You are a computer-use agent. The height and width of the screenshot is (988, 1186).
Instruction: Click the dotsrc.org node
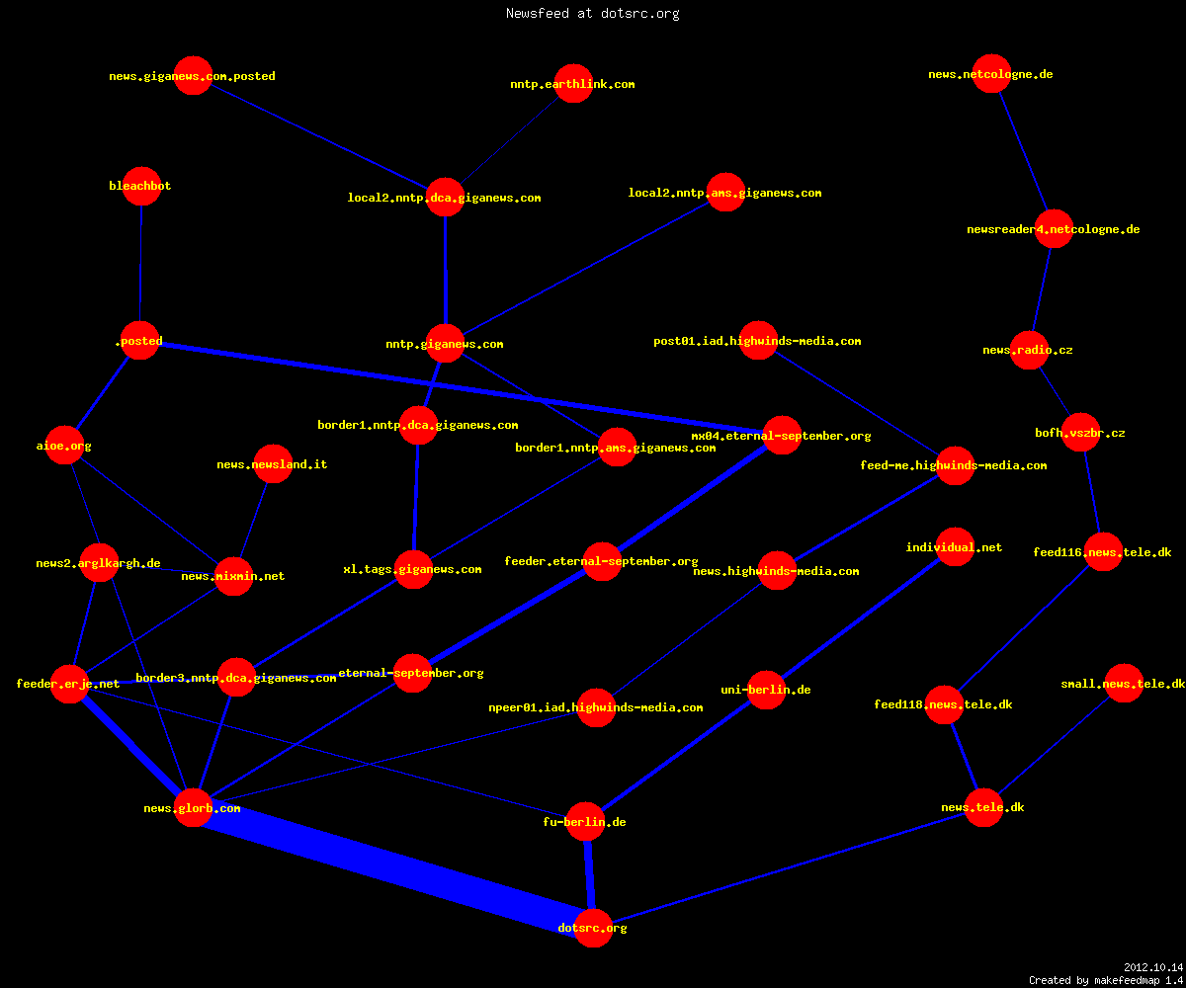pos(593,928)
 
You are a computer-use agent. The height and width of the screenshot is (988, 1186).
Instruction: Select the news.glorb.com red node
pos(193,807)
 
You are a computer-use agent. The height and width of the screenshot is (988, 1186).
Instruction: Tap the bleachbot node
pos(141,186)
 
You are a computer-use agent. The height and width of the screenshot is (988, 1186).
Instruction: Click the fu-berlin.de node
pos(585,822)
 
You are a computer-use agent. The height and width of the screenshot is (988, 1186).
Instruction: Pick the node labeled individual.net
pos(955,546)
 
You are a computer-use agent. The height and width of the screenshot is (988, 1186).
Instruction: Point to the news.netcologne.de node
pos(991,74)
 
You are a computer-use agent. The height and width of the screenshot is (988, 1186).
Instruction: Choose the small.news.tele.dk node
pos(1124,683)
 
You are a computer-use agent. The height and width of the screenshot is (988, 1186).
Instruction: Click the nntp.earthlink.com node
pos(573,83)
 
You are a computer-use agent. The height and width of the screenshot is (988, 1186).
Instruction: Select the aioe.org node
pos(64,446)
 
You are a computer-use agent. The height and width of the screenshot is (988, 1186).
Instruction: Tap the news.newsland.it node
pos(273,464)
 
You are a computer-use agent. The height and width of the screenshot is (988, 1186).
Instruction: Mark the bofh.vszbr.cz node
pos(1080,432)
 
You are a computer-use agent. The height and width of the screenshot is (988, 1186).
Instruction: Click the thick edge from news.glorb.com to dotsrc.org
pos(393,867)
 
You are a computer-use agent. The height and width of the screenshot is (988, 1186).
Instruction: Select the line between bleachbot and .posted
pos(141,264)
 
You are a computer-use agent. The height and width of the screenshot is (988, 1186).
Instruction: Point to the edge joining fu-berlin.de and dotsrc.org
pos(589,875)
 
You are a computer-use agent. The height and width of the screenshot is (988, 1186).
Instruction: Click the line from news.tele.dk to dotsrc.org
pos(789,867)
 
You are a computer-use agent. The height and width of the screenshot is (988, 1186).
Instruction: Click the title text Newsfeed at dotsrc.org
pos(592,13)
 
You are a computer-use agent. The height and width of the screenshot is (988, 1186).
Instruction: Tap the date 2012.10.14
pos(1153,967)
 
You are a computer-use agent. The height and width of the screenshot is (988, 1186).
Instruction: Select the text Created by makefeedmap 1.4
pos(1106,980)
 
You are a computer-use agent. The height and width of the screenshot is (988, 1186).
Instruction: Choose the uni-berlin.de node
pos(766,690)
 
